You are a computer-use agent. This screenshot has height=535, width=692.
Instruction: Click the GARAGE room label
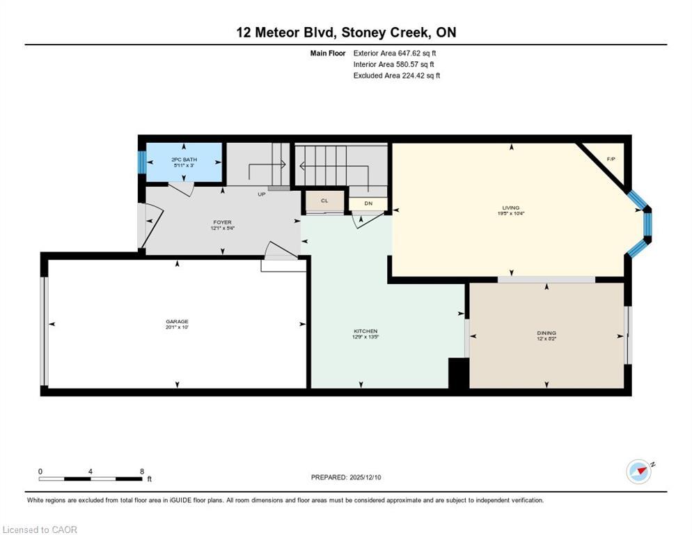tap(177, 321)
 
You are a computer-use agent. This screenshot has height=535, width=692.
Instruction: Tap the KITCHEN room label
tap(365, 331)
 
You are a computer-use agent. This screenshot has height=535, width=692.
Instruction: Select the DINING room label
tap(546, 333)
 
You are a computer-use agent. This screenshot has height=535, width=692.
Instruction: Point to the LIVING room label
tap(511, 207)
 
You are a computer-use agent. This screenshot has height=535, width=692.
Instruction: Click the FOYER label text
tap(222, 222)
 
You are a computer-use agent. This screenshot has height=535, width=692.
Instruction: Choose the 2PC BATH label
tap(184, 160)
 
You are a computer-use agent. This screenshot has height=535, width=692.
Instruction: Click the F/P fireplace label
tap(611, 160)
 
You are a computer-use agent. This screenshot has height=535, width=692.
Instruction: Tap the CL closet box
tap(324, 201)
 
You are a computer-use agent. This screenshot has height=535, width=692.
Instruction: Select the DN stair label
tap(368, 203)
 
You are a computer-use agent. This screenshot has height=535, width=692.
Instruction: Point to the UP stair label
tap(262, 194)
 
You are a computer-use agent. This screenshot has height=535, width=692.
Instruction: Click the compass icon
tap(639, 472)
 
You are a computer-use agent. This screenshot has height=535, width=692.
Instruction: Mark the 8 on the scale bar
tap(142, 471)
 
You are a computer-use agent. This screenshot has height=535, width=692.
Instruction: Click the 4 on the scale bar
tap(91, 471)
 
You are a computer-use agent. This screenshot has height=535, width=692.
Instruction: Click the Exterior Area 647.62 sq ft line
tap(395, 53)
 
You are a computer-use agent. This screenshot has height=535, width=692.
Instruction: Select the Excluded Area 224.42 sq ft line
tap(396, 76)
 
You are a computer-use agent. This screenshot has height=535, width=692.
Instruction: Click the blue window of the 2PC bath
tap(142, 163)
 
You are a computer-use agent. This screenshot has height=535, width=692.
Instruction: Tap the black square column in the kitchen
tap(459, 373)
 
